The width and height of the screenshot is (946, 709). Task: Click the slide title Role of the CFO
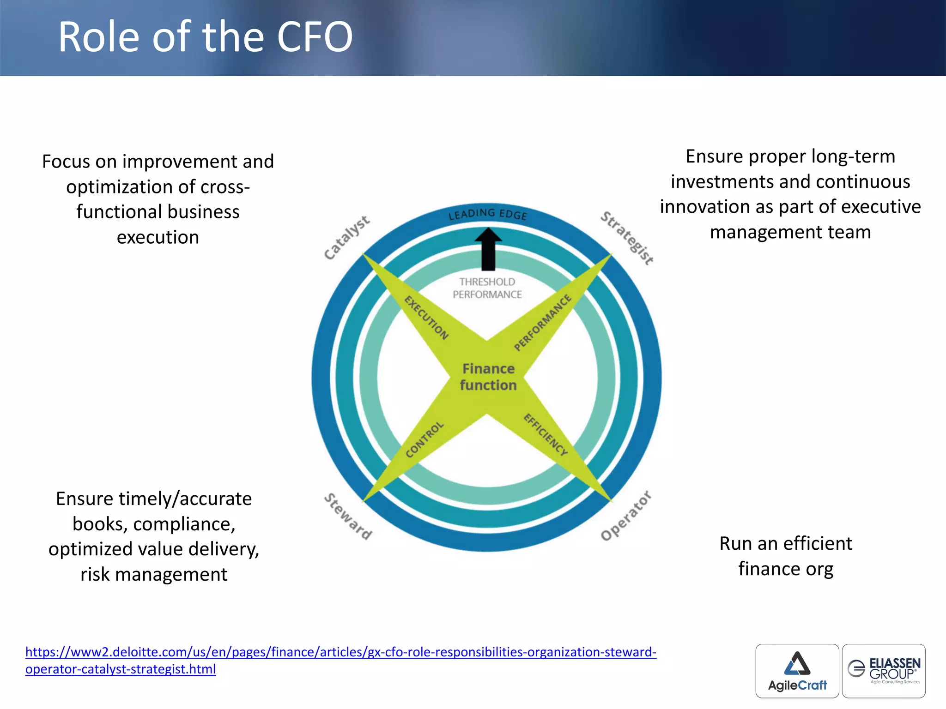[205, 37]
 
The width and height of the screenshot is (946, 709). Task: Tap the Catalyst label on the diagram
[346, 237]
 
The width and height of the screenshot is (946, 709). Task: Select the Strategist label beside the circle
[627, 238]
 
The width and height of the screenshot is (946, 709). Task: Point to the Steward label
[348, 517]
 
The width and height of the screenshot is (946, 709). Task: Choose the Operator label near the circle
[626, 516]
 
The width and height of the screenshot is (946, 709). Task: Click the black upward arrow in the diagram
[488, 249]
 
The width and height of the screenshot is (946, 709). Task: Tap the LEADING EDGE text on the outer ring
[487, 214]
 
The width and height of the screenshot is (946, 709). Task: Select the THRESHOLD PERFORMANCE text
[487, 288]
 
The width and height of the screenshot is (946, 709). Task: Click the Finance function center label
[488, 377]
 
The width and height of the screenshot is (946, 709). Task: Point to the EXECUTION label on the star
[426, 318]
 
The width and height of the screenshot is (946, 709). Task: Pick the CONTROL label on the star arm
[424, 439]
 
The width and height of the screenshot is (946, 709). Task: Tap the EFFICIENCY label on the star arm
[545, 435]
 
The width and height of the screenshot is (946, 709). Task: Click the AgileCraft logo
[797, 671]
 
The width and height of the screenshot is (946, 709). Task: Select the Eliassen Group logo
[884, 671]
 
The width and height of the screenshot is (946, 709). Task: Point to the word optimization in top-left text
[119, 187]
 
